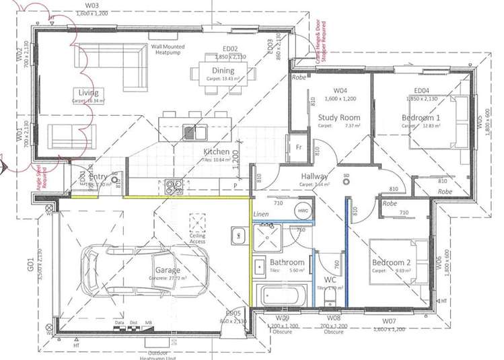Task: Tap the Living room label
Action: click(x=88, y=93)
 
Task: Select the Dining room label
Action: click(x=223, y=71)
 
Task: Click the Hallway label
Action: click(x=315, y=176)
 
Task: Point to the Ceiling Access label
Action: click(x=197, y=238)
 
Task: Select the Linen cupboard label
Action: click(x=260, y=215)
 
